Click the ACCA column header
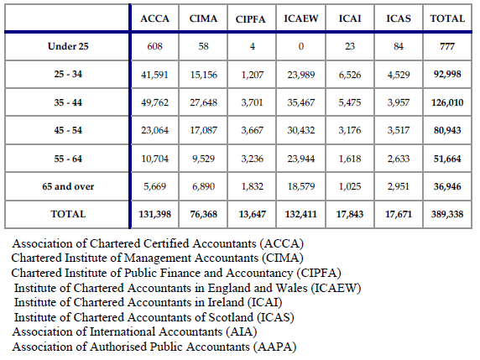(x=154, y=18)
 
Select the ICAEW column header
(x=301, y=18)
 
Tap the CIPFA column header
(x=250, y=19)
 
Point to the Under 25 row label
(x=68, y=46)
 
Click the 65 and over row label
(x=68, y=186)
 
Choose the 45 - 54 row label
(x=68, y=130)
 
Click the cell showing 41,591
(x=154, y=75)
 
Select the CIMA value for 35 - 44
(x=203, y=102)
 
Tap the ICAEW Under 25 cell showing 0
(x=301, y=46)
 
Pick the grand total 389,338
(x=447, y=214)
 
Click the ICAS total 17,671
(x=399, y=214)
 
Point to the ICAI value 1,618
(x=350, y=159)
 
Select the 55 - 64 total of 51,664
(x=447, y=159)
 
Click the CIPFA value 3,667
(x=252, y=130)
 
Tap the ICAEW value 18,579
(x=301, y=186)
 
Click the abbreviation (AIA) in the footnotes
(x=241, y=331)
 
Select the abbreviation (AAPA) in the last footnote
(x=274, y=347)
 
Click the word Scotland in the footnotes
(x=231, y=317)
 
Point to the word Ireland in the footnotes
(x=226, y=302)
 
